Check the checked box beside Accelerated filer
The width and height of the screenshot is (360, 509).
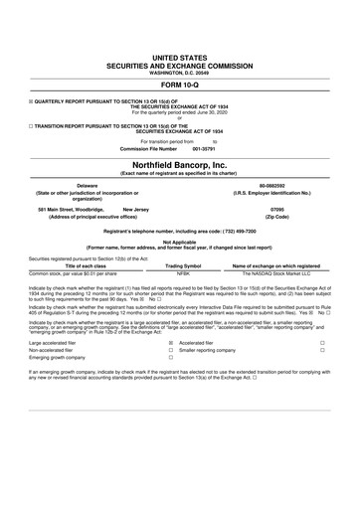point(171,341)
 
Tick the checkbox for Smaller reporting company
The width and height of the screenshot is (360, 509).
point(171,350)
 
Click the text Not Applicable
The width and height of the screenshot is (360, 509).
point(179,241)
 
